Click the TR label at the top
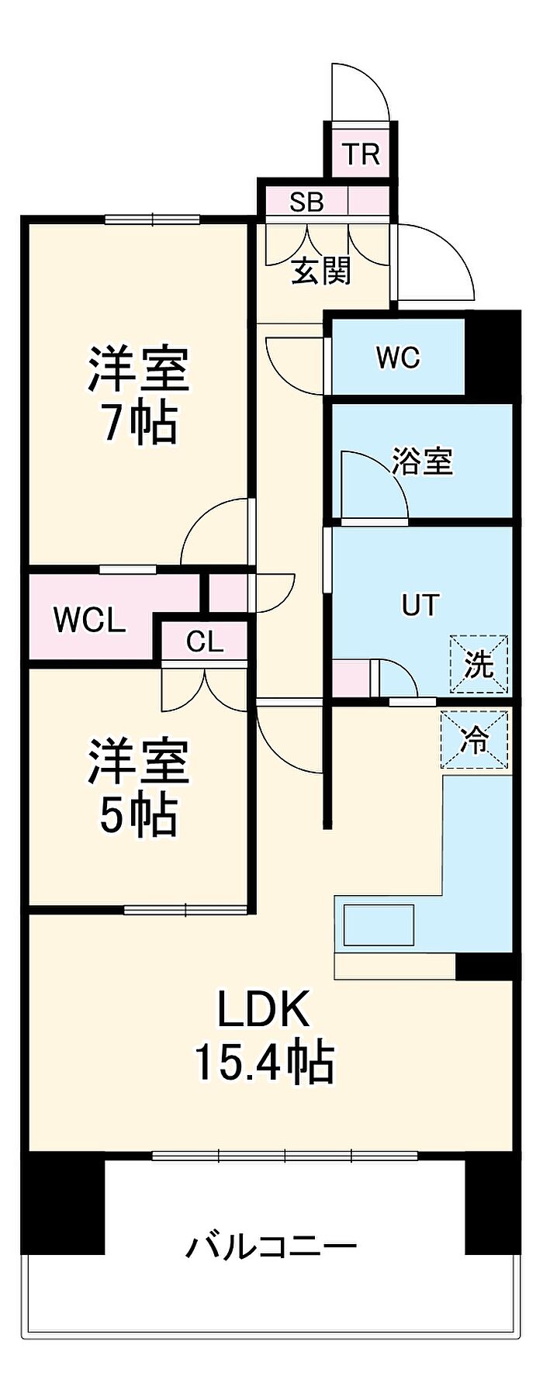pos(361,154)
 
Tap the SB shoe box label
pos(306,202)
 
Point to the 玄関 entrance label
pos(322,270)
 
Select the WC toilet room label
pos(398,358)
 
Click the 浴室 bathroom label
pos(422,462)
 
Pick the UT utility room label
pos(420,605)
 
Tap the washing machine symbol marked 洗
pos(479,665)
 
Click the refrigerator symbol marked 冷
pos(475,740)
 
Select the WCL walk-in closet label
pos(89,621)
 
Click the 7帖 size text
pos(140,423)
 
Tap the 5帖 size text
pos(139,814)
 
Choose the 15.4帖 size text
pos(264,1063)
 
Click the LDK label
pos(263,1010)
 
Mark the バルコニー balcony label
pos(271,1247)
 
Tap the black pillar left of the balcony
pos(64,1204)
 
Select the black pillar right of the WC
pos(493,356)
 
